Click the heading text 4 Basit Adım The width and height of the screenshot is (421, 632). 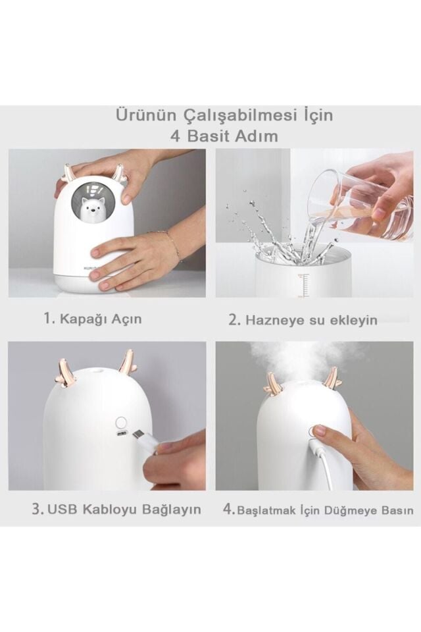(x=224, y=136)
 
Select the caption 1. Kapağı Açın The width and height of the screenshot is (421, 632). (x=93, y=319)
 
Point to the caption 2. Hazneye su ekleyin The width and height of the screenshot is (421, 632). (x=303, y=320)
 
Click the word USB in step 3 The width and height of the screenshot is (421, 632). (x=62, y=509)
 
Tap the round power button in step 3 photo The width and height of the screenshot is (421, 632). (x=120, y=423)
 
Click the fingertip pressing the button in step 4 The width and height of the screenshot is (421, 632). (x=319, y=433)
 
